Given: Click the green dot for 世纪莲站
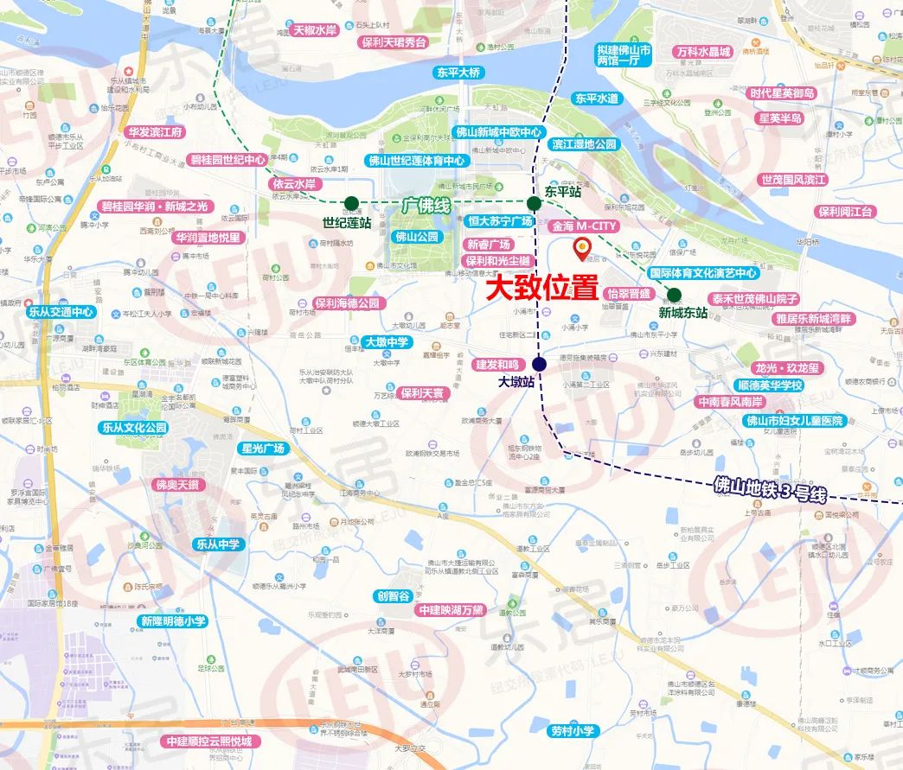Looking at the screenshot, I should coord(351,204).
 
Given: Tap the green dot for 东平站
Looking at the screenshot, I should coord(535,203).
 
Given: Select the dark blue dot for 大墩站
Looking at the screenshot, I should coord(540,363).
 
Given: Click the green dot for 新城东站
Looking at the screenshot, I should coord(674,294).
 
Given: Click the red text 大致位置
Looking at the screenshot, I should coord(541,288).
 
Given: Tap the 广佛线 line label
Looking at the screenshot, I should coord(426,205).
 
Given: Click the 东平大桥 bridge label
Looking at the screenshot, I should coord(457,73).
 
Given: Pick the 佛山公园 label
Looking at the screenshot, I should coord(417,236).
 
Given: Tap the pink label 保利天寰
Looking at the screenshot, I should coord(424,393).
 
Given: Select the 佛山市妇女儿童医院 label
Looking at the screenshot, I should coord(794,421).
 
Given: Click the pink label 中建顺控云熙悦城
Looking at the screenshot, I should coord(208,741).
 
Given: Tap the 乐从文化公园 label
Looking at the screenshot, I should coord(134,427).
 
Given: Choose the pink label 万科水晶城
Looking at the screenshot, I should coord(704,52).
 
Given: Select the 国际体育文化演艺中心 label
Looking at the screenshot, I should coord(703,273).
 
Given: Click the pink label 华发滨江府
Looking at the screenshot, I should coord(155,132).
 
